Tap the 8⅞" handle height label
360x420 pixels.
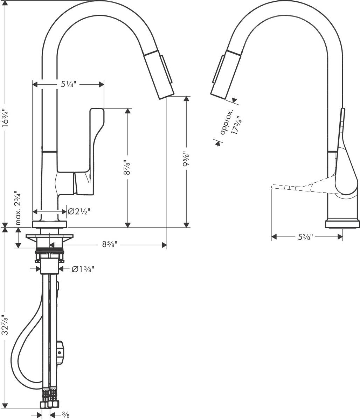pos(128,168)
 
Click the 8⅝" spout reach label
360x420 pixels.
pos(110,245)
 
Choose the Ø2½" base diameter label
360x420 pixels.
pos(79,211)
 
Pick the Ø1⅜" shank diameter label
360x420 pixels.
pos(83,269)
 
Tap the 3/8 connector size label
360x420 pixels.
pos(65,415)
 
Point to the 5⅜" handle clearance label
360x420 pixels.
pos(305,237)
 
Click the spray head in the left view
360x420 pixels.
pos(161,75)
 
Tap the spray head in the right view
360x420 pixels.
pos(224,75)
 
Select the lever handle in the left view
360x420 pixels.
pos(95,140)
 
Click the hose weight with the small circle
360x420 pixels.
pos(61,352)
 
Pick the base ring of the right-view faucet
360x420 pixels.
pos(342,224)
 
